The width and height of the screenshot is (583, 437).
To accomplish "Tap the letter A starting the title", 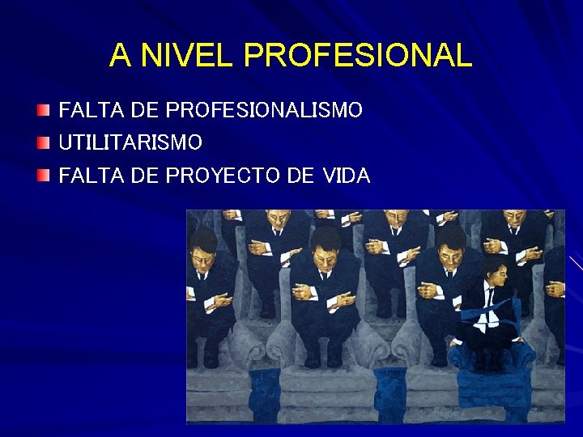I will (x=119, y=56).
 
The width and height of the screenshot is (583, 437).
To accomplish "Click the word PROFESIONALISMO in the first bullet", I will (x=263, y=110).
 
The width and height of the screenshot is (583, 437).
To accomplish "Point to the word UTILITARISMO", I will (x=130, y=143).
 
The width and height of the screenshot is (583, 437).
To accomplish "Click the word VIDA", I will (x=346, y=176).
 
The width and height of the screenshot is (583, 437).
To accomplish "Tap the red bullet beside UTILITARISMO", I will (x=44, y=142).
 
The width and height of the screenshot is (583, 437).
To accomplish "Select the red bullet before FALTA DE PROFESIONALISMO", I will (x=44, y=109).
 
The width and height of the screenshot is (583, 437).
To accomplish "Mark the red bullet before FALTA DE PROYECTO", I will (x=44, y=175).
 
